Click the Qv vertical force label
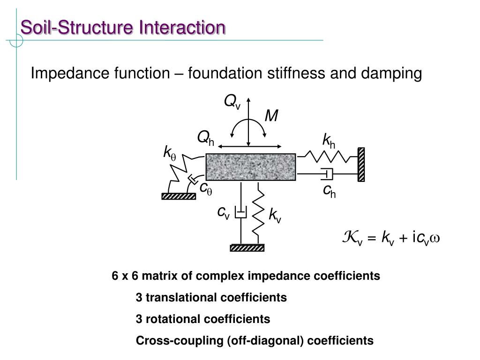tap(232, 102)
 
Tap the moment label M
tap(271, 116)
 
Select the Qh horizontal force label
tap(205, 138)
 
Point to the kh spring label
tap(328, 140)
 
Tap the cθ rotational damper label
tap(206, 188)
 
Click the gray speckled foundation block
tap(251, 167)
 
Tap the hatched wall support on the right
tap(361, 164)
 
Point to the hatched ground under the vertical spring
tap(247, 248)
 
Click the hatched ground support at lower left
tap(179, 197)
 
